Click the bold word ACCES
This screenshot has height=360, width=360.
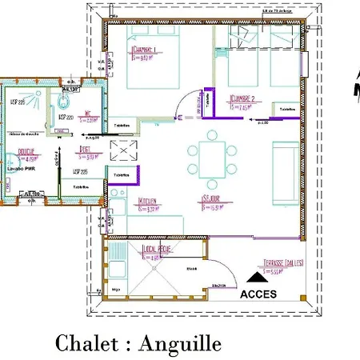pos(257,294)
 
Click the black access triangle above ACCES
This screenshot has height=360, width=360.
pos(257,277)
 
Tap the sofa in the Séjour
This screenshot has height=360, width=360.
pos(285,170)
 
